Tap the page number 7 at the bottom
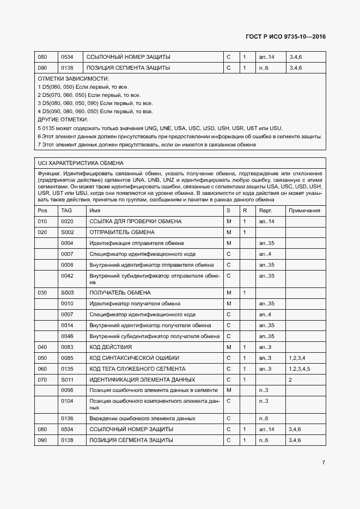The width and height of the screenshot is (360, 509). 323,462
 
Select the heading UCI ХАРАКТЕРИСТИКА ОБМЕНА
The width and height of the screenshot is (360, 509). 80,163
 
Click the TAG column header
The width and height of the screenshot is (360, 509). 66,210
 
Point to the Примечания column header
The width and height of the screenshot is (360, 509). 304,210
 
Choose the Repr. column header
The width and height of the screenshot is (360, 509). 265,210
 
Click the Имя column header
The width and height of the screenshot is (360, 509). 95,210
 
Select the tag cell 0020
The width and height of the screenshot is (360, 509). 67,222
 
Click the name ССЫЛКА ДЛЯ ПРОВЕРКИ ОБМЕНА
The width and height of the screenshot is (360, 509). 136,222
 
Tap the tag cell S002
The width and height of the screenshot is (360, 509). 67,232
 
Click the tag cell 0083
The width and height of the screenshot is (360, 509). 67,347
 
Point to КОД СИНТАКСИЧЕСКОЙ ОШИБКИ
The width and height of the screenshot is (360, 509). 133,358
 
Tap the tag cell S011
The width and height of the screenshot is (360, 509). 67,379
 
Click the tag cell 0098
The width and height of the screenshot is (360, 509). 67,390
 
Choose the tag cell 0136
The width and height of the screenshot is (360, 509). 67,418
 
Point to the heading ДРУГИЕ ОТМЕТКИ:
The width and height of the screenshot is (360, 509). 61,119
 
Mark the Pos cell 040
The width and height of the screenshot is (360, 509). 42,347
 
